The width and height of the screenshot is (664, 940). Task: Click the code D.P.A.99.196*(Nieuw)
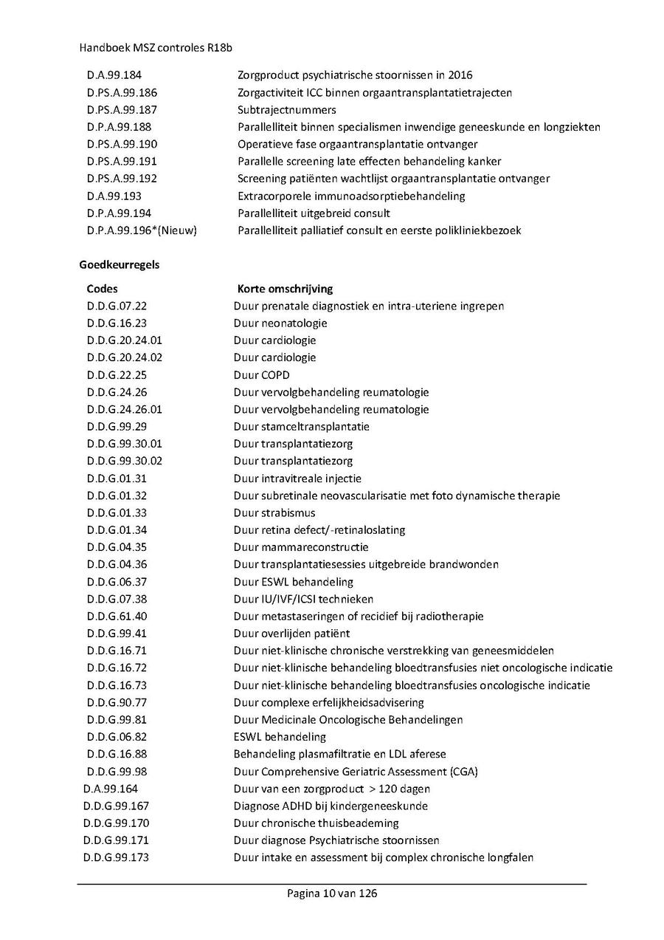[142, 230]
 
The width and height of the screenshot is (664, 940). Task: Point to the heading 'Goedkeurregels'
[119, 264]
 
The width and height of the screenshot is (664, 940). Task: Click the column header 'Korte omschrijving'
[285, 289]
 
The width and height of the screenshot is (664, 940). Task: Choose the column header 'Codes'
[102, 289]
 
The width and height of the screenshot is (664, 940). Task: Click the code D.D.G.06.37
[117, 582]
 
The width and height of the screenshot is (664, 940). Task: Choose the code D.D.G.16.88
[117, 754]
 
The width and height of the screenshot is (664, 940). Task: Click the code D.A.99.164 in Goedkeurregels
[111, 789]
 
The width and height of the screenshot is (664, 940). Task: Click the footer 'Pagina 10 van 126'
[332, 893]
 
